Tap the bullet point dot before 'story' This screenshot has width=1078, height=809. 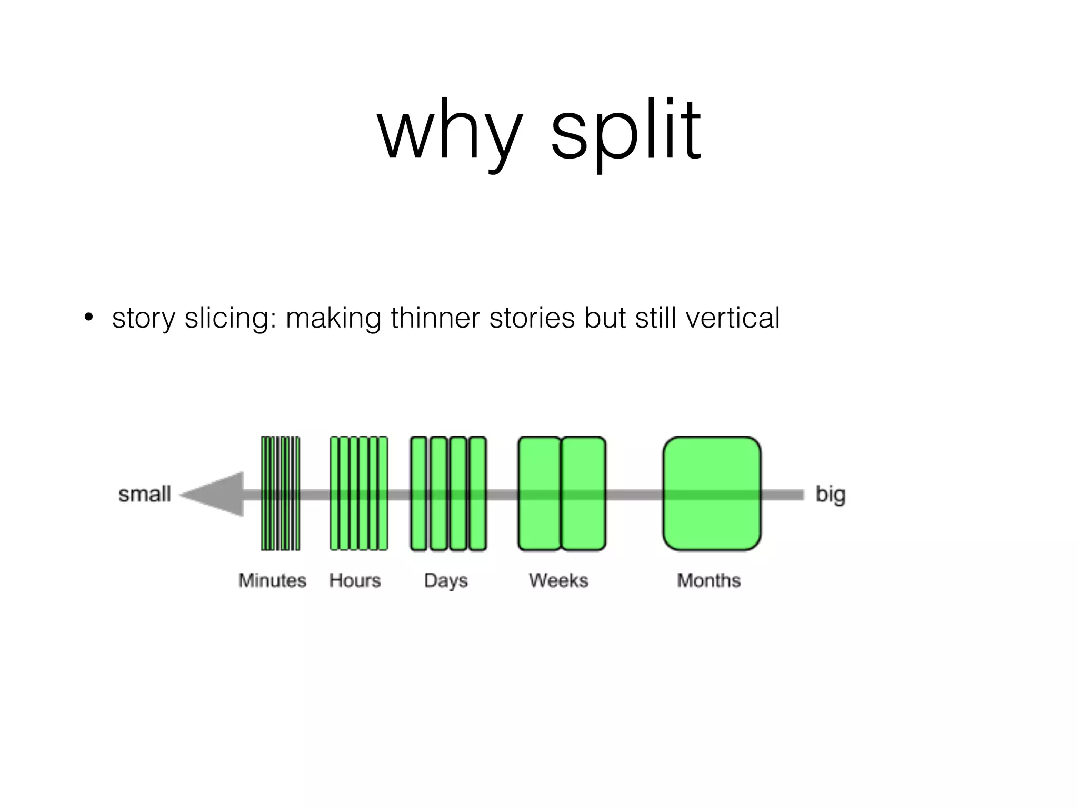point(88,318)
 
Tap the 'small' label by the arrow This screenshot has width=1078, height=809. point(145,494)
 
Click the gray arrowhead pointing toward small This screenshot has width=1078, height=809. point(216,494)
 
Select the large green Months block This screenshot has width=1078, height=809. point(712,494)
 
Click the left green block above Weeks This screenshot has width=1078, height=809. point(539,494)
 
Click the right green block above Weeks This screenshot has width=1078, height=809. point(583,494)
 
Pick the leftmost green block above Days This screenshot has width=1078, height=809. point(418,494)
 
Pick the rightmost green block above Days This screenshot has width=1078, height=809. point(477,494)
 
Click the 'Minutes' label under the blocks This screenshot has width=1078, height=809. point(272,580)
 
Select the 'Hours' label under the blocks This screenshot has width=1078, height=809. point(355,580)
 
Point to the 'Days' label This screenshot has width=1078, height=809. point(446,580)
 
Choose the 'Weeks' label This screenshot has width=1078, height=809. point(558,580)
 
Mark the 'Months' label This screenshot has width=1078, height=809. point(708,580)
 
